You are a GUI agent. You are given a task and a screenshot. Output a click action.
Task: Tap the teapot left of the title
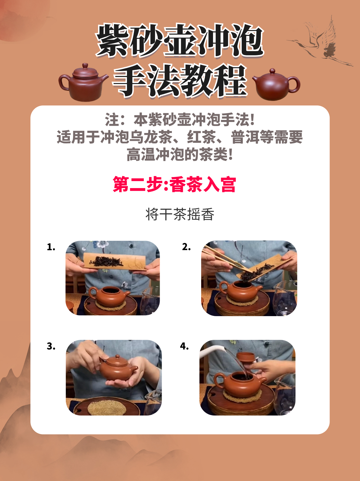click(83, 82)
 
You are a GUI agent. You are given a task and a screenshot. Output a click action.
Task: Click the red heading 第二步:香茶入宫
click(174, 184)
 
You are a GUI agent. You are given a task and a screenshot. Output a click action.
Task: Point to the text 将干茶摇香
click(180, 214)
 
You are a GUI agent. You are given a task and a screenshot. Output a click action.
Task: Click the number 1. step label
click(51, 247)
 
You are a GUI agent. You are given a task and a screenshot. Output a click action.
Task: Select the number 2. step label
click(186, 247)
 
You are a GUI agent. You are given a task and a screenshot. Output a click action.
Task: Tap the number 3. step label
click(51, 346)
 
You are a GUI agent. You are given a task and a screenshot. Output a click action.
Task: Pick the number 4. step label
click(184, 346)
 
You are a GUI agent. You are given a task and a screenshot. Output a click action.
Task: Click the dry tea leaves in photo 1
click(107, 261)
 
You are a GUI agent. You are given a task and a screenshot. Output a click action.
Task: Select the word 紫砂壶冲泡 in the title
click(180, 41)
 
